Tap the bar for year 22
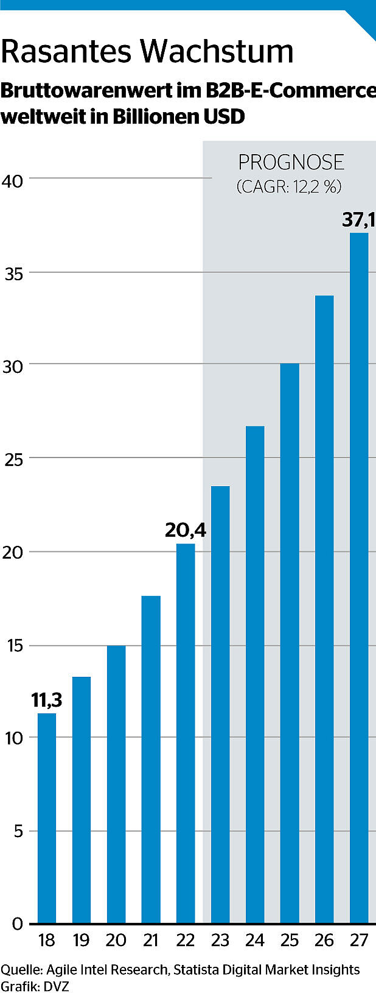point(186,733)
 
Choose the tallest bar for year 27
point(359,578)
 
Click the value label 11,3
point(47,700)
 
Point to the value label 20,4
point(186,531)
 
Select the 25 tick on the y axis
point(13,459)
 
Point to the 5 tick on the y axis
point(18,832)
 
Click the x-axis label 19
point(81,941)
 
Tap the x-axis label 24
point(255,941)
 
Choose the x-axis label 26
point(324,941)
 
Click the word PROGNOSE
point(291,163)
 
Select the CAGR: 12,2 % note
point(289,186)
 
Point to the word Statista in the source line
point(198,969)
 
